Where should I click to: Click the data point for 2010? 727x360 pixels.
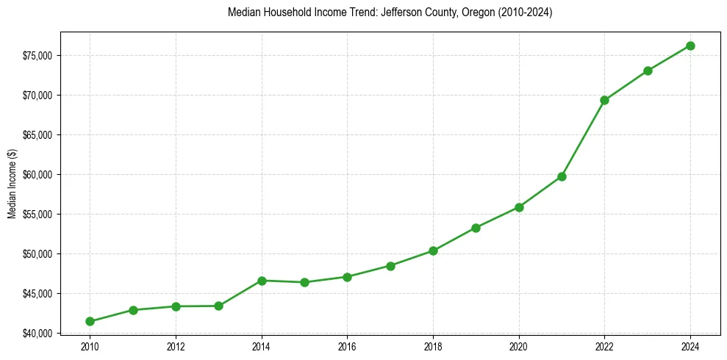[90, 321]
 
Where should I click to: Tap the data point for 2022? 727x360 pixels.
[605, 100]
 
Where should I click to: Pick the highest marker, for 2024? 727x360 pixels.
[691, 46]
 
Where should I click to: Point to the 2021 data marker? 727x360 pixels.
[562, 176]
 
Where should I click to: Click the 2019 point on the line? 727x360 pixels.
[476, 228]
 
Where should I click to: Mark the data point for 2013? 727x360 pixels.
[218, 306]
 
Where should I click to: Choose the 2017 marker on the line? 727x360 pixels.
[390, 266]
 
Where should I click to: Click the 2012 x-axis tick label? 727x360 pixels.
[176, 346]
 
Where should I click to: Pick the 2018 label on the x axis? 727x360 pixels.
[433, 346]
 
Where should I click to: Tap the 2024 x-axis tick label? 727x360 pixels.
[691, 346]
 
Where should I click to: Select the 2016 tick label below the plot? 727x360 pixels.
[347, 346]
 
